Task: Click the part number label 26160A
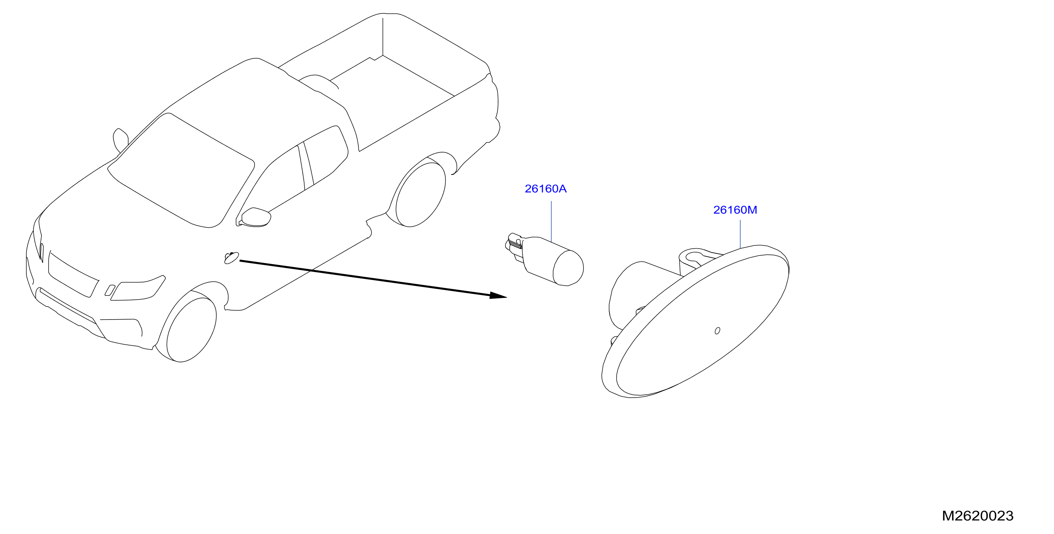pyautogui.click(x=545, y=189)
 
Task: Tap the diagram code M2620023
pyautogui.click(x=977, y=516)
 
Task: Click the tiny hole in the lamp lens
pyautogui.click(x=717, y=330)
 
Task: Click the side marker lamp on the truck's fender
pyautogui.click(x=231, y=258)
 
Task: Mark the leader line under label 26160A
pyautogui.click(x=551, y=221)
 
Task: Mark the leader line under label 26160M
pyautogui.click(x=740, y=234)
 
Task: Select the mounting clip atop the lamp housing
pyautogui.click(x=697, y=260)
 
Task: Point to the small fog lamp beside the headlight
pyautogui.click(x=110, y=290)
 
